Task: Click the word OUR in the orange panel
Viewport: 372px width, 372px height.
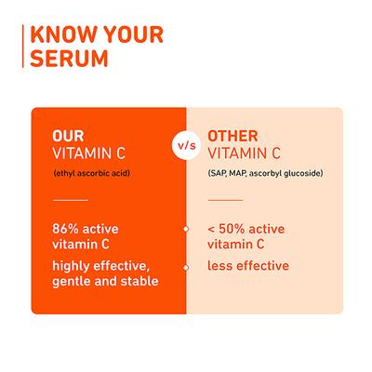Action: [x=70, y=136]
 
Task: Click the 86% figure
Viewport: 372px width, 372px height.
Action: [x=68, y=228]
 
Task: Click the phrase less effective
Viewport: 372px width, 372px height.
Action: [x=247, y=266]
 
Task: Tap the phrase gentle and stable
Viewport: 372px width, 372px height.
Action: [x=105, y=282]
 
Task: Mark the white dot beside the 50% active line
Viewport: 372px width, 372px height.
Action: [x=186, y=228]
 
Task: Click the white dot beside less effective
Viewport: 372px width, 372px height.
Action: [x=186, y=267]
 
